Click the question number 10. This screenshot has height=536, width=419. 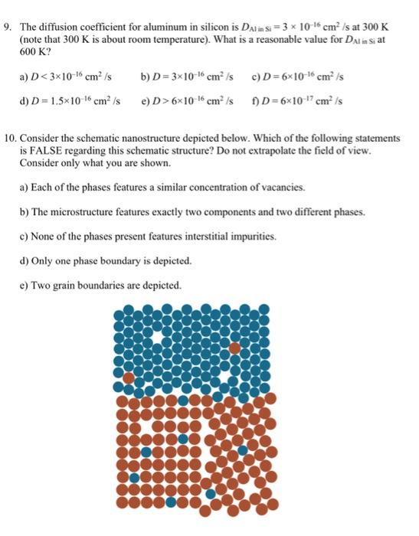tap(9, 139)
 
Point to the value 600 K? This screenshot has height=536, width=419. tap(33, 50)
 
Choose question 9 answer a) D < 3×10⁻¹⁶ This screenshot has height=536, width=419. tap(67, 77)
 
